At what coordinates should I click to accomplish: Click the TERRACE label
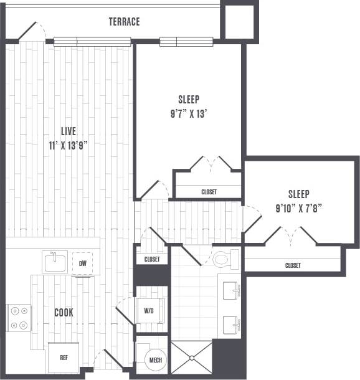[124, 22]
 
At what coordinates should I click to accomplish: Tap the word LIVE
[68, 131]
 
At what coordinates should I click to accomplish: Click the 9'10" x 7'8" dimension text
[298, 207]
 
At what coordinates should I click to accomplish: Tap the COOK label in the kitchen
[64, 312]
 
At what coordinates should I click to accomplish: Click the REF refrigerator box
[64, 358]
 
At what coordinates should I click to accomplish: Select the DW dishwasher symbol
[82, 262]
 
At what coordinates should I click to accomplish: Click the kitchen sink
[54, 262]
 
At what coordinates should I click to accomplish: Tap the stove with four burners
[18, 317]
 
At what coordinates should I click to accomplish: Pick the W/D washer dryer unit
[150, 310]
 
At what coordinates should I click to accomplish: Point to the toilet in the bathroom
[225, 259]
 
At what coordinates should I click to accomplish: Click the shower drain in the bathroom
[191, 358]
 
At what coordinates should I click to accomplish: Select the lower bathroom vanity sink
[232, 323]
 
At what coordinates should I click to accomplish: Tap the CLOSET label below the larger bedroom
[209, 192]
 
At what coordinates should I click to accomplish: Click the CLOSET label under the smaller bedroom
[293, 265]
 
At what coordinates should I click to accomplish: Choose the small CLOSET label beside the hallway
[152, 259]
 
